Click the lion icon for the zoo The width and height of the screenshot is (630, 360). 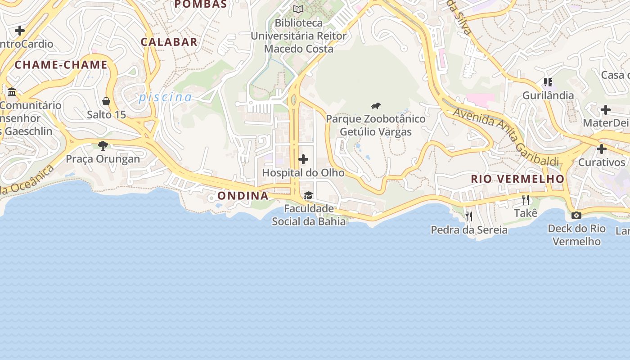coord(376,106)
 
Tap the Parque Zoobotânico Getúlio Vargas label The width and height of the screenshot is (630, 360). coord(376,126)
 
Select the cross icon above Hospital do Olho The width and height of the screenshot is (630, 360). coord(303,159)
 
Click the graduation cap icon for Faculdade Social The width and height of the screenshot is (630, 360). coord(308,195)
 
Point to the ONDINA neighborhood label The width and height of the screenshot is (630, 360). coord(243,196)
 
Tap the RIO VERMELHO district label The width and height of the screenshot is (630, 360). coord(517,179)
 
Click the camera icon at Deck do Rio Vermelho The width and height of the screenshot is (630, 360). coord(576,215)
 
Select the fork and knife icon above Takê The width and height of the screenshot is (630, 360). coord(525,199)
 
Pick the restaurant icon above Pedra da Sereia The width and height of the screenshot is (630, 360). coord(468,216)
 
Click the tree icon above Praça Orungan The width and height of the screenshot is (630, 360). coord(103,146)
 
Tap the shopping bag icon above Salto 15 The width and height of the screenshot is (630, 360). coord(106,101)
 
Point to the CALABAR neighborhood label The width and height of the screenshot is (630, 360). coord(169,42)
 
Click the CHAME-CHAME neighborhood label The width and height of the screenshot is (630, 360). coord(61,65)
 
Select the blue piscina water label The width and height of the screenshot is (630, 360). coord(165,97)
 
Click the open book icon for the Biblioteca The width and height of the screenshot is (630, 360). coord(298,9)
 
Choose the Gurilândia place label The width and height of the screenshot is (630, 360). coord(548,95)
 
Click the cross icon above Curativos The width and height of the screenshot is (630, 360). coord(601,149)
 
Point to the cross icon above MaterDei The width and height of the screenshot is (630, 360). coord(605,110)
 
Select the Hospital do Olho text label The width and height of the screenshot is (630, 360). coord(303,173)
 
